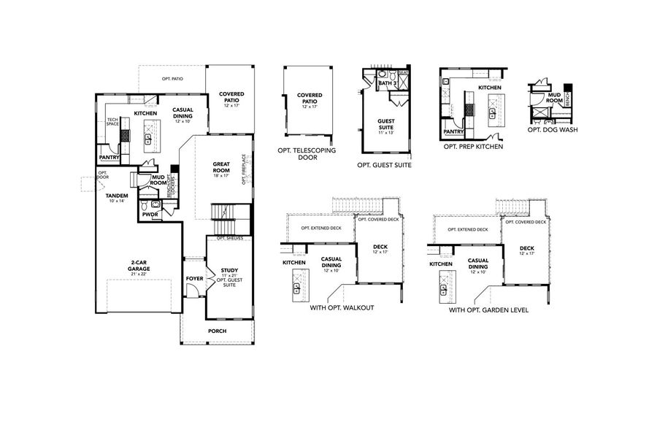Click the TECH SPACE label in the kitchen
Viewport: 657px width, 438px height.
click(112, 122)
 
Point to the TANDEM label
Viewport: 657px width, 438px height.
click(117, 198)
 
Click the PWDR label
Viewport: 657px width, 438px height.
click(150, 215)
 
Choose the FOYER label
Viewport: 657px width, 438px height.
click(194, 278)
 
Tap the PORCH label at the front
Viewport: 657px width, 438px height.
click(217, 331)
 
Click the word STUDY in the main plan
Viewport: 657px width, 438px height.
click(229, 269)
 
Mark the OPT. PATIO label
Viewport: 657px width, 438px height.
click(172, 77)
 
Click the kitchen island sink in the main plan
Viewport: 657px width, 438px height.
click(148, 139)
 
